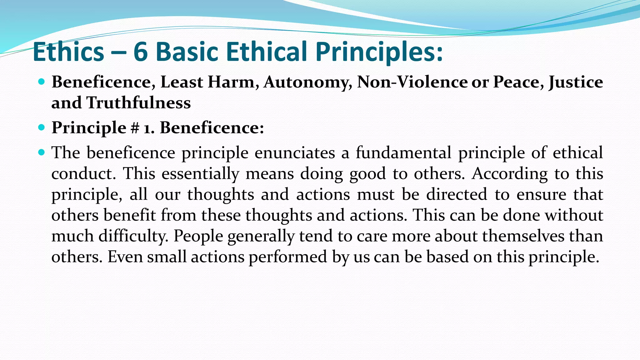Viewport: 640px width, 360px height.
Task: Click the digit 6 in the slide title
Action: [141, 52]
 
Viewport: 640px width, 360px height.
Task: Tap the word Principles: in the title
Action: [379, 52]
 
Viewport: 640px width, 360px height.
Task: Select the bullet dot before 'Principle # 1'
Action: [41, 127]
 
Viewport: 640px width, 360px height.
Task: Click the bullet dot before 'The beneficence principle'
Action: [41, 152]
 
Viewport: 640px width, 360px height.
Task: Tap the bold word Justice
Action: [576, 82]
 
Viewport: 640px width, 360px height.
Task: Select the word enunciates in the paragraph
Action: [295, 153]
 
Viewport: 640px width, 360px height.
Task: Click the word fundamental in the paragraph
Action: [403, 153]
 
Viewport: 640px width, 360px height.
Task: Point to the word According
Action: [509, 174]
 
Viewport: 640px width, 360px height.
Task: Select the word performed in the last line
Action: [287, 257]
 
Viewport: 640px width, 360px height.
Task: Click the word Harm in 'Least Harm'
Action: [231, 82]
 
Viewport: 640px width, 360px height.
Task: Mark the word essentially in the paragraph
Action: [200, 174]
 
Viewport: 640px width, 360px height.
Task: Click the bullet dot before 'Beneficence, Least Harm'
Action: [41, 82]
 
